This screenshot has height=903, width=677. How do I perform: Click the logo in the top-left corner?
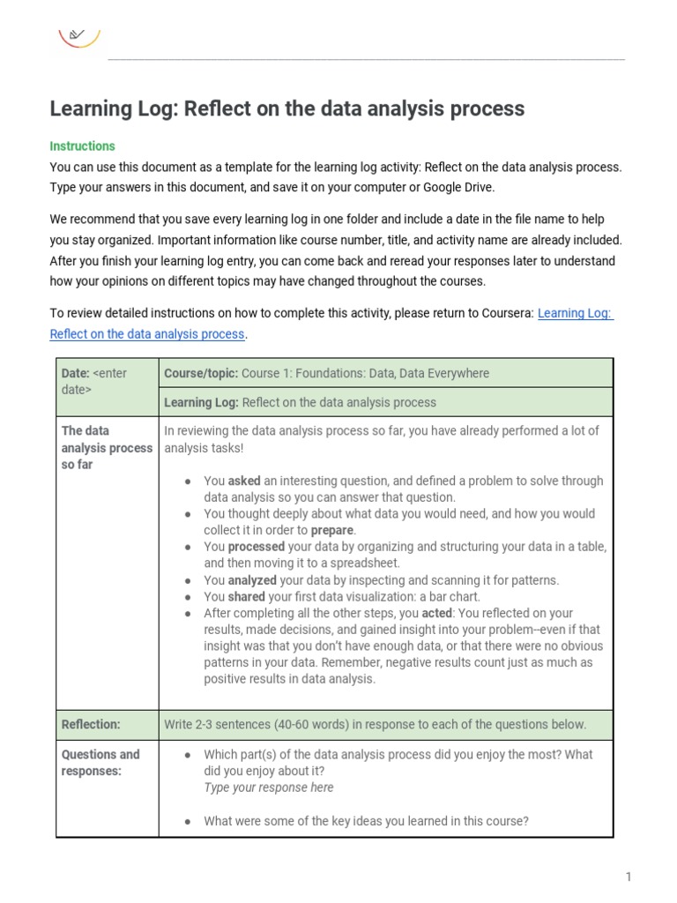[x=78, y=36]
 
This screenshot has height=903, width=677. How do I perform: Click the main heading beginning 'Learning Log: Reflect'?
[x=286, y=108]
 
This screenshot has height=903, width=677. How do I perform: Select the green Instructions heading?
[x=82, y=146]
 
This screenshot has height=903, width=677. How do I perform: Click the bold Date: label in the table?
[x=76, y=373]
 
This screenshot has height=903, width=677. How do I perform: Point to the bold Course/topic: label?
[x=201, y=373]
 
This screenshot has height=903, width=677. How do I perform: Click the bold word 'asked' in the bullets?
[x=244, y=481]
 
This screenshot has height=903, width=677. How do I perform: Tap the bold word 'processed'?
[x=257, y=547]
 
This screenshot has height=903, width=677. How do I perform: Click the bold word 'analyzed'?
[x=253, y=580]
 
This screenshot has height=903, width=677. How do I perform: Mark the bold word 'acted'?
[x=439, y=613]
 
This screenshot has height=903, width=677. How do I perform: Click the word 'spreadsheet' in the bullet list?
[x=366, y=563]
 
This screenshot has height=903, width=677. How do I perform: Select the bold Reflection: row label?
[x=91, y=724]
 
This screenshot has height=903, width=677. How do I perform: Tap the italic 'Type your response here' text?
[x=268, y=787]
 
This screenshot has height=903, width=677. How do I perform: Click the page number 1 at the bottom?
[x=629, y=877]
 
